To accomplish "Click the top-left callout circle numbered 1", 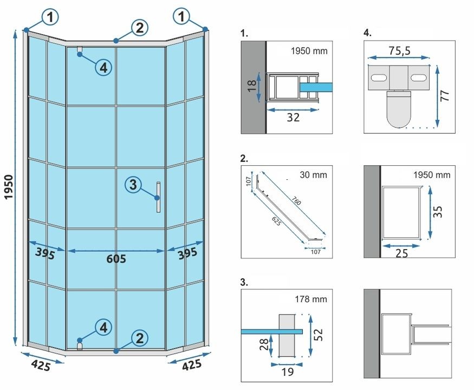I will (x=49, y=17).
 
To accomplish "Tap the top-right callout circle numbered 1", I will (x=182, y=17).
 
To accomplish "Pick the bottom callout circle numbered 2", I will (x=140, y=339).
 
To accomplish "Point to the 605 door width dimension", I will (x=116, y=259).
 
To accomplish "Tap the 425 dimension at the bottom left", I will (x=40, y=366).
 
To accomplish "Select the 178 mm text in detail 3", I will (x=309, y=298).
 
